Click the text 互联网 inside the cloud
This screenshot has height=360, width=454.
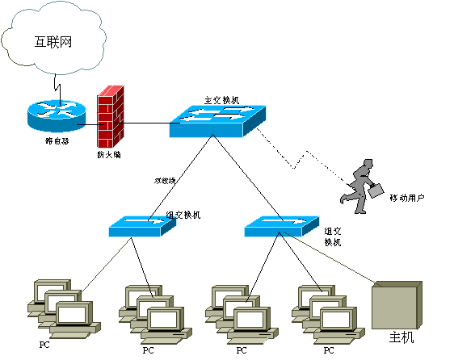[53, 41]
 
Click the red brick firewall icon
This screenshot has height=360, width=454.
[109, 117]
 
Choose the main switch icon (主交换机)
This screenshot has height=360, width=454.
[216, 119]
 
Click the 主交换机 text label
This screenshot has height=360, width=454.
[221, 100]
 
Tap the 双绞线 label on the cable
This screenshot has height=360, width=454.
[165, 180]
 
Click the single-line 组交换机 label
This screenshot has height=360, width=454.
[183, 215]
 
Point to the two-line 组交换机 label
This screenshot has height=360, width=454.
[333, 235]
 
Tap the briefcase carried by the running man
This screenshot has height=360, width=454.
[376, 190]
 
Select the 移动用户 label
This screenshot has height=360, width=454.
[406, 198]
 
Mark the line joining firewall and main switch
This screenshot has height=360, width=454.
[145, 123]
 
